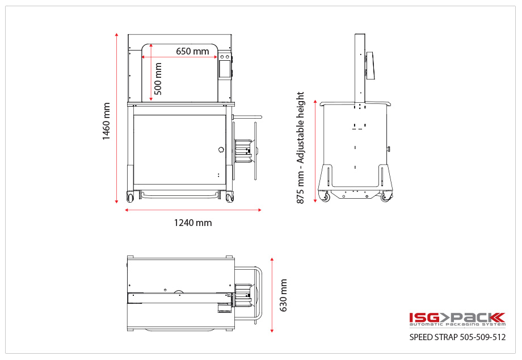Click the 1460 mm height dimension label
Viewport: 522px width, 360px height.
106,121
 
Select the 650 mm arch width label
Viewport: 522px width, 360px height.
192,51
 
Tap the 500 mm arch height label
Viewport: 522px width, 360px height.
158,78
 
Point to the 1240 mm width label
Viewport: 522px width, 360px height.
192,223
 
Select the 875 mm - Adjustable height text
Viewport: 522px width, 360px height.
301,148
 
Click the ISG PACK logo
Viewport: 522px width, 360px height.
457,319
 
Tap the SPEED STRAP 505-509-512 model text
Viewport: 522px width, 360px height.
457,337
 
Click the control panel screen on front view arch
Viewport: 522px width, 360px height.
225,68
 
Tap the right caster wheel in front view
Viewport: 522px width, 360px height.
229,198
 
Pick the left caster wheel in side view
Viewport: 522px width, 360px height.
326,197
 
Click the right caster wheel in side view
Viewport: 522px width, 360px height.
386,197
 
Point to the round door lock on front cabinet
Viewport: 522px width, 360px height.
221,149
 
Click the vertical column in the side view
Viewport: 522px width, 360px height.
359,68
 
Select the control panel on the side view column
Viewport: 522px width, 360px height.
370,68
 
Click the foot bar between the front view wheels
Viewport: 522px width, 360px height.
180,194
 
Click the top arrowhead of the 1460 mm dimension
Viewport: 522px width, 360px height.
117,35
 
